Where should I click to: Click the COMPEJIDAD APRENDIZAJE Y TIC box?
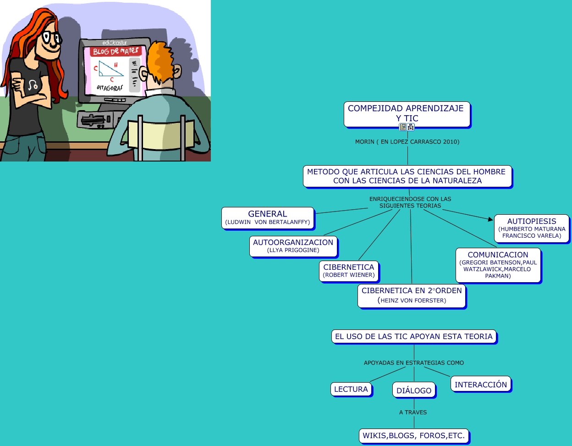click(407, 113)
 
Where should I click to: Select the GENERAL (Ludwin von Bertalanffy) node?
click(268, 217)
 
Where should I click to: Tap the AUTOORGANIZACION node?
click(293, 246)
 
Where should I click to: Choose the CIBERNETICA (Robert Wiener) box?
click(349, 271)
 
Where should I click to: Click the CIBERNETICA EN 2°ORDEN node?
click(412, 295)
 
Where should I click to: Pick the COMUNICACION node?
click(498, 265)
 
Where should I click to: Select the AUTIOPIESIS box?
click(532, 228)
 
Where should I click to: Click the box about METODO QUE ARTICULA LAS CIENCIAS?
click(407, 176)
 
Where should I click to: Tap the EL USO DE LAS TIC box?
click(414, 336)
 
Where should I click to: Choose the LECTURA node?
click(351, 389)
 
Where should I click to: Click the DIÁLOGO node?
click(414, 390)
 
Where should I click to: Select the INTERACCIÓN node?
click(481, 385)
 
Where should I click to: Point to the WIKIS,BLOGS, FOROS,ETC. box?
click(414, 435)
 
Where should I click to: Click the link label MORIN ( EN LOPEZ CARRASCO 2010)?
click(407, 142)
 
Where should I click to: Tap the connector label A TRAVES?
click(413, 413)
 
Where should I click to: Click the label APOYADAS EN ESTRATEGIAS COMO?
click(414, 363)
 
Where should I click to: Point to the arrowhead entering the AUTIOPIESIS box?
click(490, 219)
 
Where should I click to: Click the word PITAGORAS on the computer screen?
click(110, 88)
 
